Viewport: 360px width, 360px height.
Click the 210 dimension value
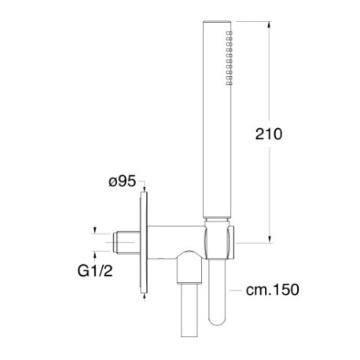click(269, 134)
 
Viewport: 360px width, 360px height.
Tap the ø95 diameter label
click(123, 181)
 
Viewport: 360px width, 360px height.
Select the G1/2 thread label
click(95, 270)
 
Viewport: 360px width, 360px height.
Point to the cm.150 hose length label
click(272, 290)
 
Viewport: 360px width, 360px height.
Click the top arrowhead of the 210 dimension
click(269, 24)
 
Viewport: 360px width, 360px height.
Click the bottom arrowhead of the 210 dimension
click(269, 239)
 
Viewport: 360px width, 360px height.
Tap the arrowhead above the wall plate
click(145, 189)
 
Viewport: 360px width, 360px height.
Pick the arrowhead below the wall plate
click(145, 296)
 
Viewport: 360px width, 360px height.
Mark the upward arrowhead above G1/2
click(94, 254)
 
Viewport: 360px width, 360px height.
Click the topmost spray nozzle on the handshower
click(229, 33)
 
